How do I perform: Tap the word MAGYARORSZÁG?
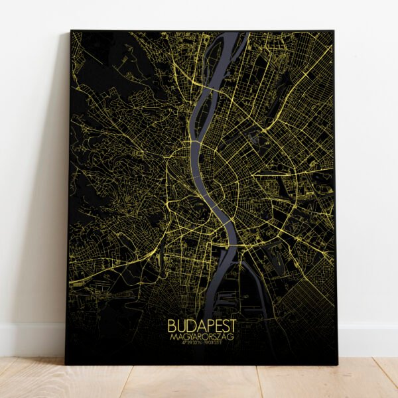point(201,338)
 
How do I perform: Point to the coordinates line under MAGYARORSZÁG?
point(201,346)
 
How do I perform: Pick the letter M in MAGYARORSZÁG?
point(171,338)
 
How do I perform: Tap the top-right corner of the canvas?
point(334,31)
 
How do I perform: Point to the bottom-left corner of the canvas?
point(66,364)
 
